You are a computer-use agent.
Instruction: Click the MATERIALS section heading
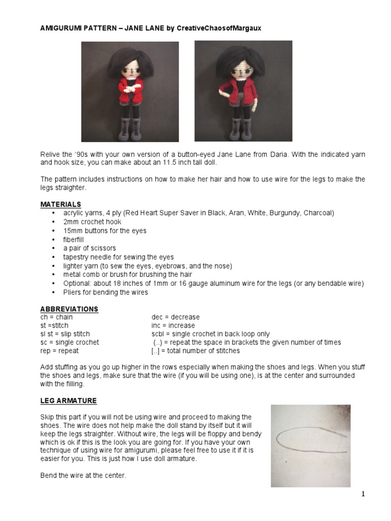(x=61, y=205)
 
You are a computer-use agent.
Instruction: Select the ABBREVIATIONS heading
(x=69, y=309)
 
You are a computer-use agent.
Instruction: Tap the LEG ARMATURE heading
(x=68, y=401)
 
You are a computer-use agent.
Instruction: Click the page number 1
(x=364, y=494)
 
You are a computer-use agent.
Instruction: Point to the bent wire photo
(x=311, y=446)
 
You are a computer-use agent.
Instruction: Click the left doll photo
(x=130, y=92)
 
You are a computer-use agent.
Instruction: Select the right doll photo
(x=243, y=92)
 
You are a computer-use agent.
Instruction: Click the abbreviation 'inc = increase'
(x=173, y=326)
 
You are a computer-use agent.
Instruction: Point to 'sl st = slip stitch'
(x=65, y=334)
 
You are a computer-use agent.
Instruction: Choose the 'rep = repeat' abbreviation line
(x=60, y=351)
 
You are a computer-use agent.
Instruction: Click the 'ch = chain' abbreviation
(x=57, y=317)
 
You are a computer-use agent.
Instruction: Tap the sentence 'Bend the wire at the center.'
(x=83, y=476)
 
